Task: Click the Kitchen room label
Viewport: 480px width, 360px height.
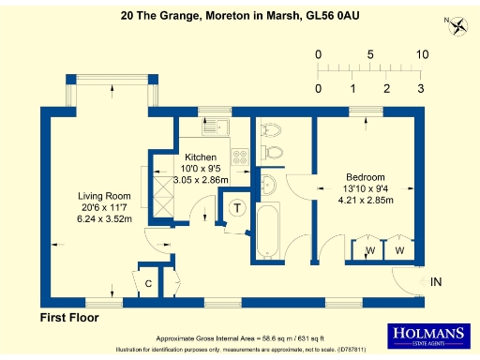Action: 201,157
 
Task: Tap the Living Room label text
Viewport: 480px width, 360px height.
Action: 104,196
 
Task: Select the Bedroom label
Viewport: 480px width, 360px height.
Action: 365,177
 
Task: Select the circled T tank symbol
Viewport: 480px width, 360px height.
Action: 238,208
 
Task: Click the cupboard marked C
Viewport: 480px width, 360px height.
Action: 148,282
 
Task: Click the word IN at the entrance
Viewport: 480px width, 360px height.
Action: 436,281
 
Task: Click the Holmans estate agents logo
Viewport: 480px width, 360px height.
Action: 432,335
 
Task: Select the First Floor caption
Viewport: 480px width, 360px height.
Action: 68,318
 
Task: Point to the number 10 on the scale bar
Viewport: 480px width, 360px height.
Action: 422,54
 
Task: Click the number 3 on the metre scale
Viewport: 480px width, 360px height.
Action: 420,88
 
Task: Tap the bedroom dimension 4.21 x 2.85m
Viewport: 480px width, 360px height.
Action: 365,199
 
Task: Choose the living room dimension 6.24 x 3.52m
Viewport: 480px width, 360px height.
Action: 104,217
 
